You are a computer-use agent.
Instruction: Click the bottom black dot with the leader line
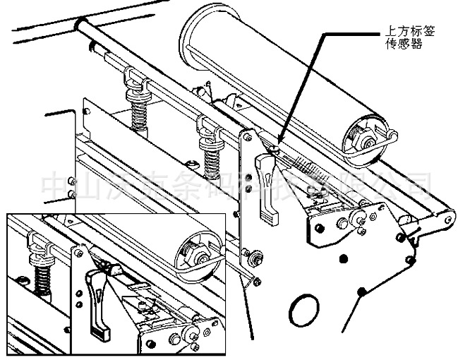pos(362,290)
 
